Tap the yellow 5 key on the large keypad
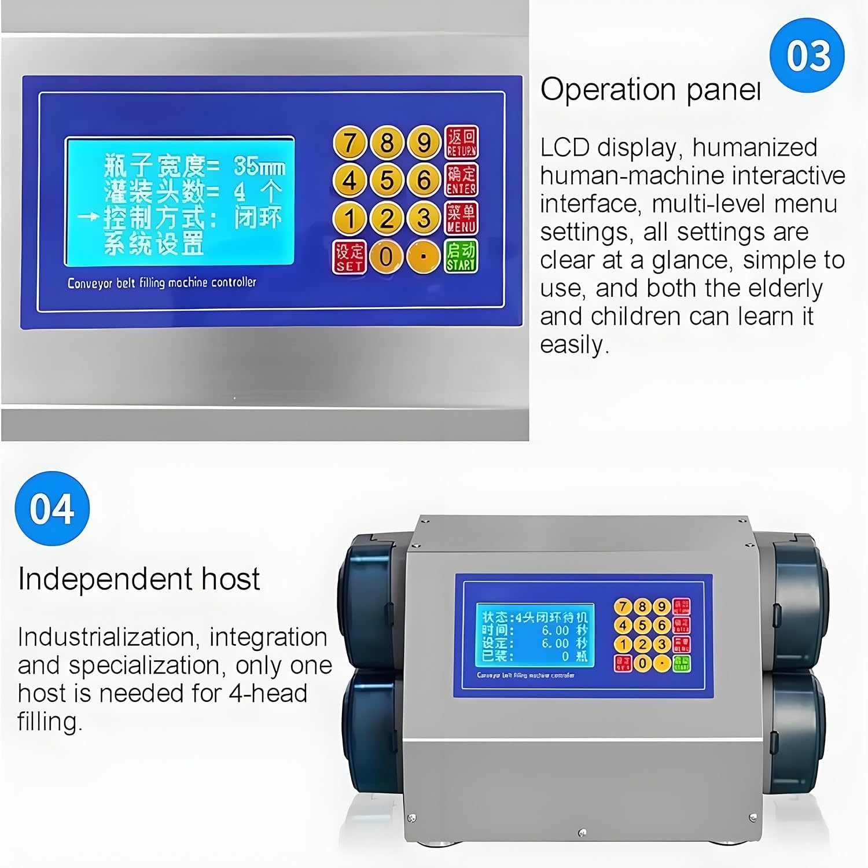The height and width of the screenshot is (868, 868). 387,180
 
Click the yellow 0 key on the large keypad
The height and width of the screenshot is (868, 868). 387,256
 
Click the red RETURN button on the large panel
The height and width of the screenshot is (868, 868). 461,142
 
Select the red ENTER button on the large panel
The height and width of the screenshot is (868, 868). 461,180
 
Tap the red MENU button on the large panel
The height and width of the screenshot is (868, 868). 461,218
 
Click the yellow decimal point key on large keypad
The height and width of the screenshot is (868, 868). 424,256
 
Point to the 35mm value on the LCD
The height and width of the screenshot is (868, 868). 259,167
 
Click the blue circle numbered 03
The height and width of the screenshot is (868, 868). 807,56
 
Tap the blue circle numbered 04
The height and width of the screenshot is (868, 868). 52,509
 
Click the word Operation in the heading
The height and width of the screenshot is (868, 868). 608,90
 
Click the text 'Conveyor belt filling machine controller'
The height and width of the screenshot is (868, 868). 161,283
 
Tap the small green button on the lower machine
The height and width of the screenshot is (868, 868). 681,663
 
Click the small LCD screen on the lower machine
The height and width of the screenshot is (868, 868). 535,634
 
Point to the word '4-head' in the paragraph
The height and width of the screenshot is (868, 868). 268,693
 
